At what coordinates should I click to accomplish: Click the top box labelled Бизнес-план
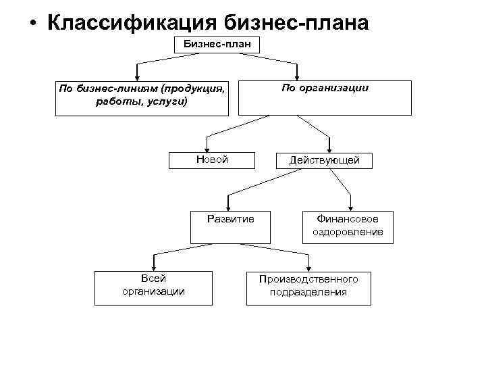point(217,45)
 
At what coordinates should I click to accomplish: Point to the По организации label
point(325,89)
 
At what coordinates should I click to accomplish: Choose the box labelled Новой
point(212,160)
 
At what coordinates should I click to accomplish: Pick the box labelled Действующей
point(325,160)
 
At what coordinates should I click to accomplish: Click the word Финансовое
point(348,219)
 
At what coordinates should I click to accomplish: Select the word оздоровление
point(348,232)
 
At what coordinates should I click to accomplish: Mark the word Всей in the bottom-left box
point(153,278)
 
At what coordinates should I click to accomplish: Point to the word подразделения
point(308,292)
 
